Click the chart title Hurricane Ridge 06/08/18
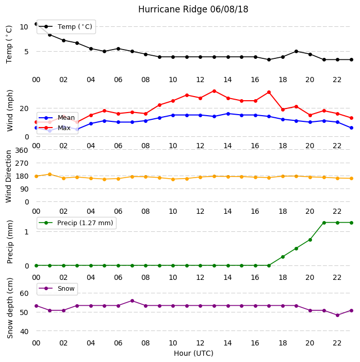[193, 9]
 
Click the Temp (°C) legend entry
[66, 27]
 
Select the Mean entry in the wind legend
[57, 118]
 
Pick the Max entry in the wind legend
[55, 128]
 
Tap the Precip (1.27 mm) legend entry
[76, 223]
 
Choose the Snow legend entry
[57, 289]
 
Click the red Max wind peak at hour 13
[214, 91]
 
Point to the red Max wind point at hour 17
[269, 92]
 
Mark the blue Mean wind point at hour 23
[351, 128]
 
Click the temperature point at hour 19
[297, 52]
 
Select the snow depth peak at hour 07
[132, 301]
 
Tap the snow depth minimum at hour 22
[338, 315]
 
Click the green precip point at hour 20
[310, 240]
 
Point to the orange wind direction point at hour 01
[50, 175]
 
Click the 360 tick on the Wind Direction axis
[22, 150]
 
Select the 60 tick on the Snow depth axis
[24, 293]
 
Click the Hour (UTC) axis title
[193, 353]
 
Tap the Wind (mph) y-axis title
[10, 111]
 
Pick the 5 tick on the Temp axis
[26, 52]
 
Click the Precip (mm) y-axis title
[10, 242]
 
